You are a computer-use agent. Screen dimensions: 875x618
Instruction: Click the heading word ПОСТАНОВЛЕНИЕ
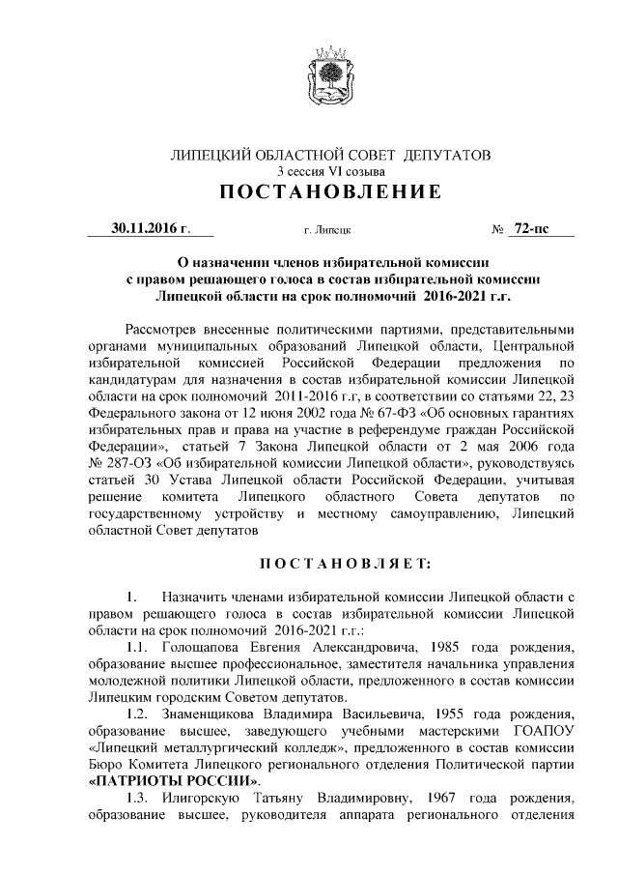[x=330, y=192]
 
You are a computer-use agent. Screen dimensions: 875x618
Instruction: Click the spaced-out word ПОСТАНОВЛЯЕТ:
[x=330, y=563]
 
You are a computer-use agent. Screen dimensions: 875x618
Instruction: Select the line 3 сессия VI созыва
[x=330, y=170]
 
